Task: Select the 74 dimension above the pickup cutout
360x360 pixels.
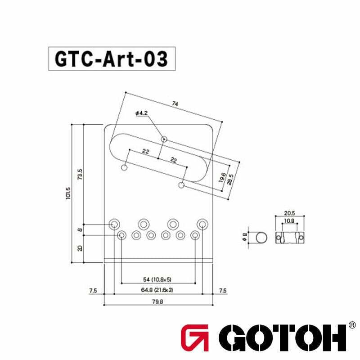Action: (175, 103)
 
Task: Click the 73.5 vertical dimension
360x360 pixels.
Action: (80, 173)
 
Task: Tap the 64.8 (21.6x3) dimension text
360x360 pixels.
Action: (157, 290)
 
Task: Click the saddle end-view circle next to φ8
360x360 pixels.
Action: (261, 237)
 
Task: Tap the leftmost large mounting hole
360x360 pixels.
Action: (115, 223)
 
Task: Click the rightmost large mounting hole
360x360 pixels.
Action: (202, 223)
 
